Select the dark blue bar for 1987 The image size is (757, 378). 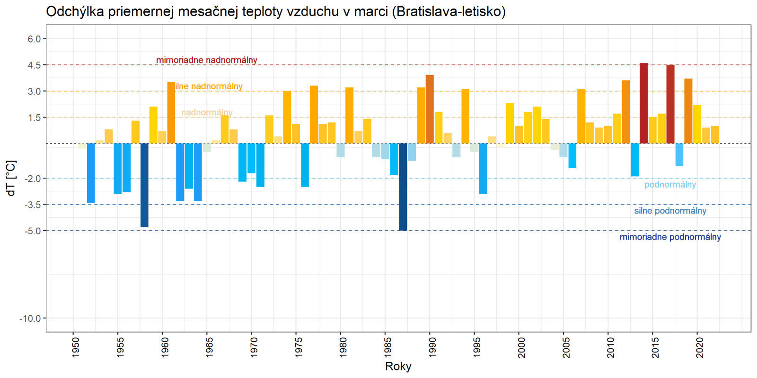403,187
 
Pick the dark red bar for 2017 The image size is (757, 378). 670,104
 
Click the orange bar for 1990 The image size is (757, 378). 430,109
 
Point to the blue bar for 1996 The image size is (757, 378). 483,168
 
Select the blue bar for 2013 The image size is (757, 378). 634,160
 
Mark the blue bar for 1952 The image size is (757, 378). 91,173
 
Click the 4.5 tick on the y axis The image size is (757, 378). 34,65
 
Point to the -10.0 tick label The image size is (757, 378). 30,318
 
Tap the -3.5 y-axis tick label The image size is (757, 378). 32,205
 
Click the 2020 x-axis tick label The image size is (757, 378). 700,347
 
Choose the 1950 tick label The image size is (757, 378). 76,347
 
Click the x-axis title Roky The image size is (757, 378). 398,367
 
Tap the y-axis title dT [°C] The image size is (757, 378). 11,178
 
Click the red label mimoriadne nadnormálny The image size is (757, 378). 207,60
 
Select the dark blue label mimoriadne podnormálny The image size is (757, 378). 670,237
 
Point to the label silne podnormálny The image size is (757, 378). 670,211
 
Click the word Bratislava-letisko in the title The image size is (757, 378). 449,11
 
